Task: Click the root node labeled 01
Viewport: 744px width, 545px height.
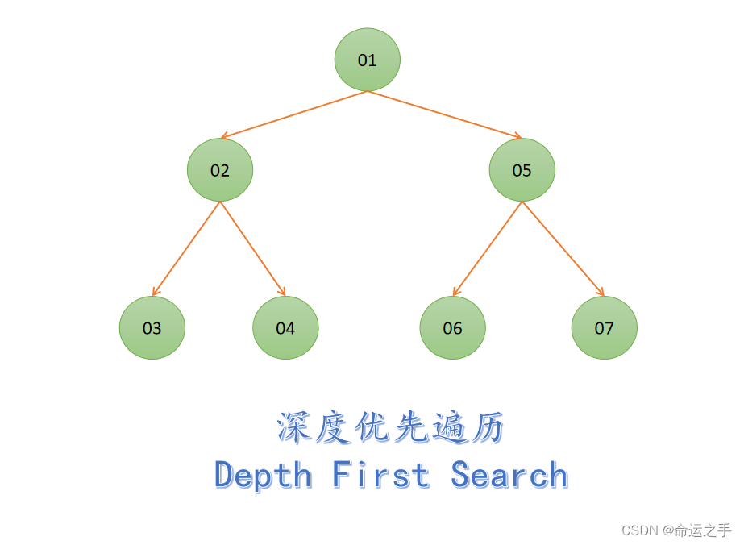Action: point(368,60)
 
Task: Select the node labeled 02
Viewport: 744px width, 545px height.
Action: point(220,170)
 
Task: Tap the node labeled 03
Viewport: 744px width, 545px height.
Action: point(152,327)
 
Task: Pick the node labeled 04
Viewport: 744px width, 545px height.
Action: point(285,327)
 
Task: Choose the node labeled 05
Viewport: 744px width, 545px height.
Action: point(522,170)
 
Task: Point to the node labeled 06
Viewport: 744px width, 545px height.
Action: point(452,327)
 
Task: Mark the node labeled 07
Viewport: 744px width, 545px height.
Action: point(604,327)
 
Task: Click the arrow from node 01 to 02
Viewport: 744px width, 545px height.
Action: point(294,114)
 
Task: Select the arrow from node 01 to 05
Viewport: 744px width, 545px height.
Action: point(444,114)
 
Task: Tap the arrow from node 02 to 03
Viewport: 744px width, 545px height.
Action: point(186,248)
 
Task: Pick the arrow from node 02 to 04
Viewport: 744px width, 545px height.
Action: point(253,248)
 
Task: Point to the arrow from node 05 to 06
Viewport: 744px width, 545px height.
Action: point(487,248)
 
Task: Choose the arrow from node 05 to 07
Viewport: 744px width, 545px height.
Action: point(563,248)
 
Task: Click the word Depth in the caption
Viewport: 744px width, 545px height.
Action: point(263,476)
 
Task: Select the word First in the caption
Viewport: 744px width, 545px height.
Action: point(380,474)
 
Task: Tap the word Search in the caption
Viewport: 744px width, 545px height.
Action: point(509,474)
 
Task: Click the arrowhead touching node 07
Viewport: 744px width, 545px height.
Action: point(601,292)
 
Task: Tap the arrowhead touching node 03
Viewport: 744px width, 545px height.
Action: point(156,292)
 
